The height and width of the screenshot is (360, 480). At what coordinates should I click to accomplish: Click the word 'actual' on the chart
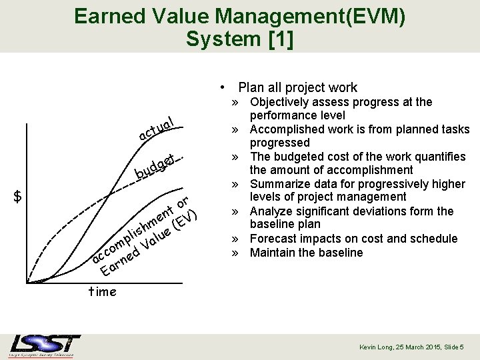point(157,129)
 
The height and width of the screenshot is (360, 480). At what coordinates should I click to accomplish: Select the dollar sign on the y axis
point(19,196)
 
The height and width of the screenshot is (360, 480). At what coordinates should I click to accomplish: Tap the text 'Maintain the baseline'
point(306,253)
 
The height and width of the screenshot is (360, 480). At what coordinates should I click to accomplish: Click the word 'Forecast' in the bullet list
point(273,239)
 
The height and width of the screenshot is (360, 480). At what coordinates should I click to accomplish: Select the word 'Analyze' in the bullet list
point(271,211)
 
